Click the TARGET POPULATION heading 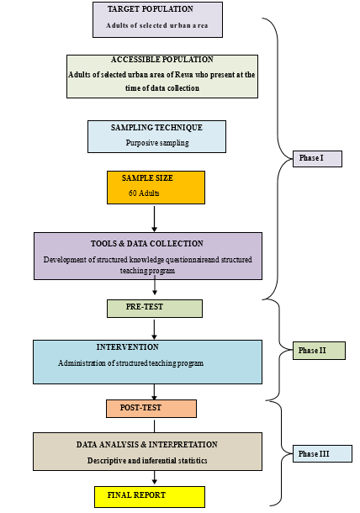(151, 9)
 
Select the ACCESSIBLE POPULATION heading (162, 60)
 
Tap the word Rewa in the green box (183, 75)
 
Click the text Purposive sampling (157, 143)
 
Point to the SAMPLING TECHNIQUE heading (156, 128)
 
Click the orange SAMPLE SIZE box (156, 188)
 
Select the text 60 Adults (144, 193)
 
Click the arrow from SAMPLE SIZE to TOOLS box (154, 219)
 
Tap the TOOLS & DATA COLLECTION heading (147, 244)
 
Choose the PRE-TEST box (155, 309)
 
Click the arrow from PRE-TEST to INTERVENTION (154, 329)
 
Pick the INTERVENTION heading (127, 347)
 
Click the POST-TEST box (151, 409)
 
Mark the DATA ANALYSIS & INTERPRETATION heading (147, 445)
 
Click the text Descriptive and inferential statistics (147, 461)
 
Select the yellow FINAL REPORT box (150, 497)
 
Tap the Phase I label (317, 159)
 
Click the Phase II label (319, 351)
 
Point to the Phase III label (322, 454)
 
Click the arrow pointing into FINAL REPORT (154, 478)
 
